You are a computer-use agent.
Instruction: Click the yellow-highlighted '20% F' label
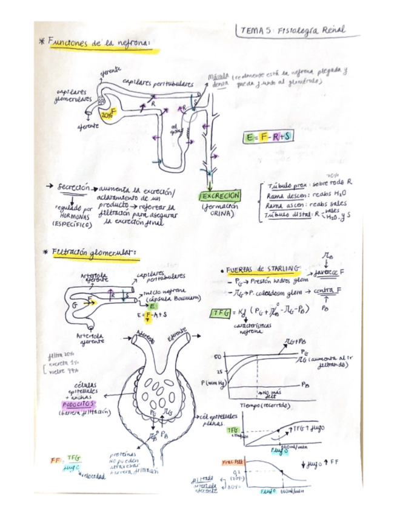coord(110,114)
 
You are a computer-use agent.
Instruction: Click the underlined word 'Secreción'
coord(75,188)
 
